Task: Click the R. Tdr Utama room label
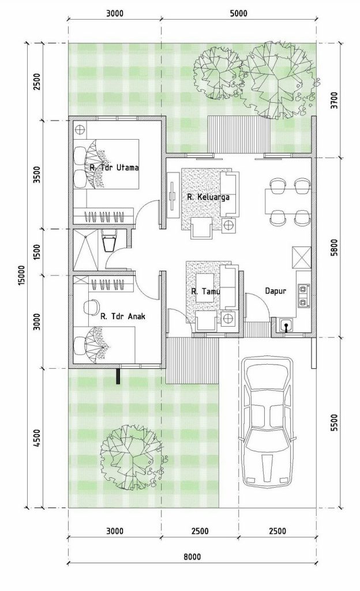click(114, 167)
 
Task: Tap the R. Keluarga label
click(208, 197)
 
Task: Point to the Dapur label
click(276, 291)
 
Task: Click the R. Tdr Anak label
click(123, 316)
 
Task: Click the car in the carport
click(267, 421)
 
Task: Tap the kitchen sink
click(286, 327)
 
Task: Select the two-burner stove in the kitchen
click(303, 295)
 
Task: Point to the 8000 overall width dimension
click(192, 557)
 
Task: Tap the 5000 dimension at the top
click(238, 14)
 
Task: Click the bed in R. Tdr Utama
click(107, 164)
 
